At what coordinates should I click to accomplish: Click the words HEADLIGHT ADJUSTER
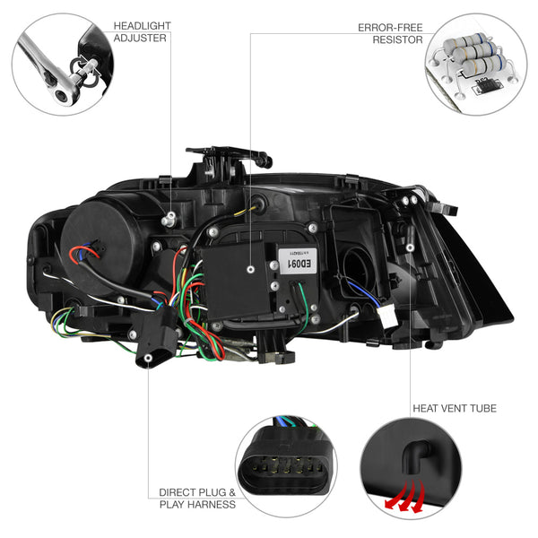140,31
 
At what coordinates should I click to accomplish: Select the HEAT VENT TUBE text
454,408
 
